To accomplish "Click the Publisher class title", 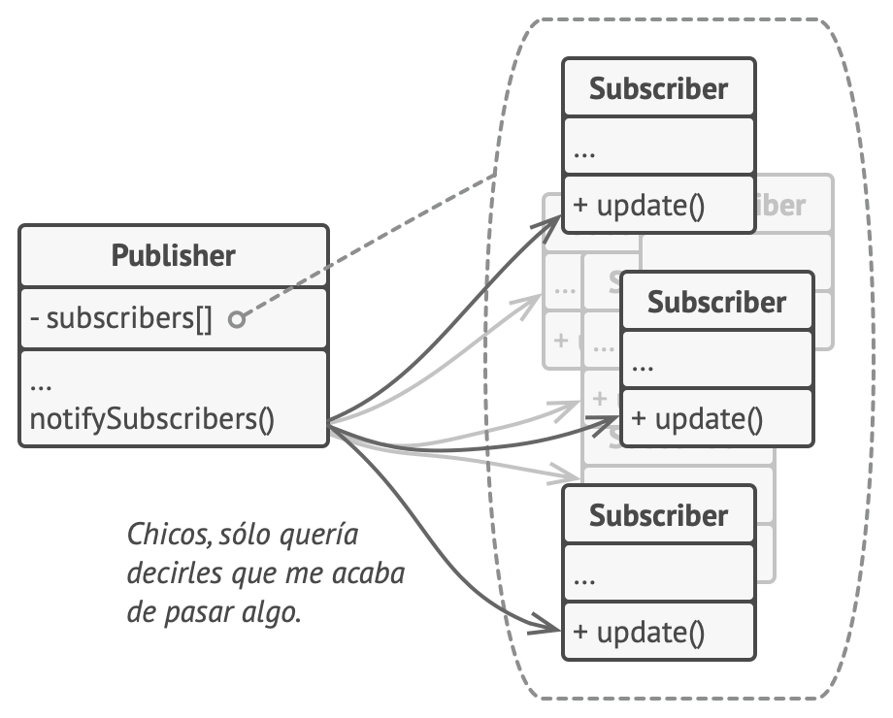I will coord(173,256).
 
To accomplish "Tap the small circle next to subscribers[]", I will coord(236,319).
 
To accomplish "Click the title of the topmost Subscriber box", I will coord(658,89).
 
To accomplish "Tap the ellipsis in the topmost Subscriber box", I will coord(584,153).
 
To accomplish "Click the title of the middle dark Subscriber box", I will coord(716,303).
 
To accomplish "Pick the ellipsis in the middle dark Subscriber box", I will coord(642,367).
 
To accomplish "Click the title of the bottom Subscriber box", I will coord(658,515).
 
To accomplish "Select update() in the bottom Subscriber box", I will coord(638,633).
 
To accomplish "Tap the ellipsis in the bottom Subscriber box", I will coord(584,580).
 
